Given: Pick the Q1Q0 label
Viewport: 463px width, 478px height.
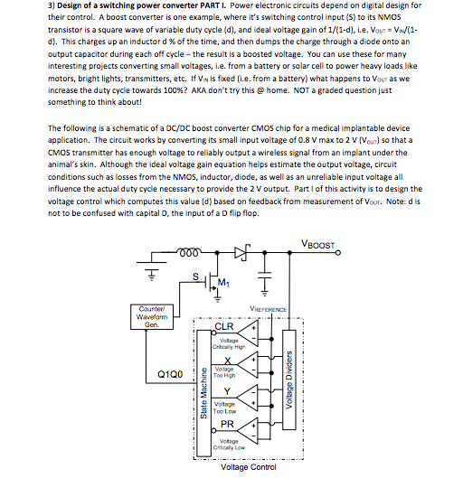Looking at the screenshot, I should pyautogui.click(x=171, y=372).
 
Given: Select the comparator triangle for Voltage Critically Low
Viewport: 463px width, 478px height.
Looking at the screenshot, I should pyautogui.click(x=256, y=436).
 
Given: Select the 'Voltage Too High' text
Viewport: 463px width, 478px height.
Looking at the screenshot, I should pyautogui.click(x=225, y=371).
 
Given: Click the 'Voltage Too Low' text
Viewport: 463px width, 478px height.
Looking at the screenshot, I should pyautogui.click(x=225, y=407).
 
